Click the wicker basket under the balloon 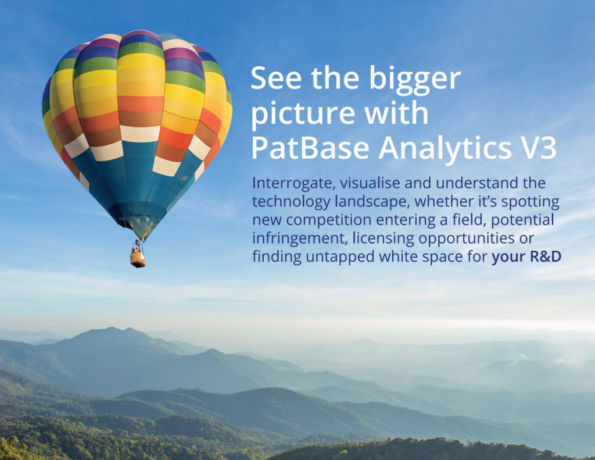[138, 258]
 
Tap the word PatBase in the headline [310, 148]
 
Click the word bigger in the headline [415, 80]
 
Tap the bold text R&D [545, 256]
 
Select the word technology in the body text [291, 202]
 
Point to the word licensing [383, 239]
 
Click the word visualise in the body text [370, 183]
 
